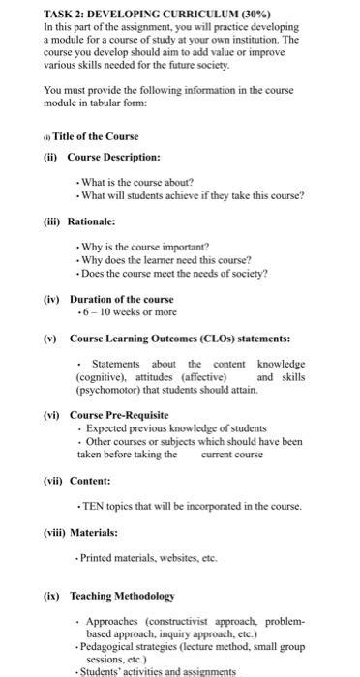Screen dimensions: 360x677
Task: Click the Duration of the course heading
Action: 121,300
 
